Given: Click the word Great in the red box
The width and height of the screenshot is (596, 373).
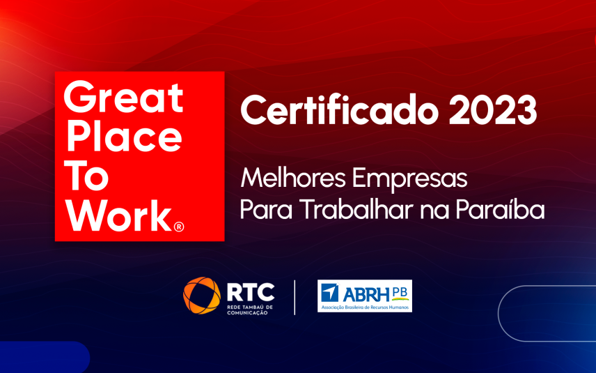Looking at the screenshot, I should (x=123, y=98).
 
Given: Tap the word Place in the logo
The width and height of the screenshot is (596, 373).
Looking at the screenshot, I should (x=123, y=137).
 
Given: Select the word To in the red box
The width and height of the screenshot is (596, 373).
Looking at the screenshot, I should (x=86, y=177).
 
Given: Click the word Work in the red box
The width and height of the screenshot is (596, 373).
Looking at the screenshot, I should (x=118, y=216).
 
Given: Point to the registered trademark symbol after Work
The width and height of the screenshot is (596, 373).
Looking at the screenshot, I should (x=178, y=227).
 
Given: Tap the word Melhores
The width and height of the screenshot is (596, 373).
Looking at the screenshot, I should (x=292, y=178).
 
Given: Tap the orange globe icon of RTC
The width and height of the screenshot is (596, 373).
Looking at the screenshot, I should (x=202, y=296).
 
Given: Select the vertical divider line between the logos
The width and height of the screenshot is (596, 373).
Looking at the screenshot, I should (x=295, y=298).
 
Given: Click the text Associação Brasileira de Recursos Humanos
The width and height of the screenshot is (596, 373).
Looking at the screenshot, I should (x=364, y=307).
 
